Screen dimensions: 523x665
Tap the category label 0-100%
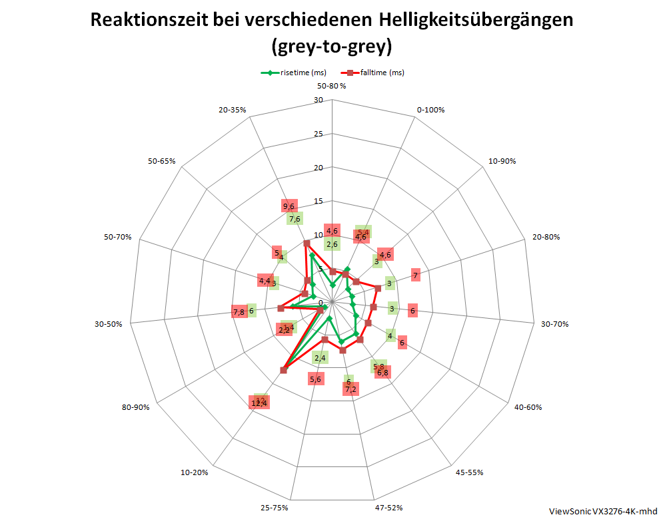tap(430, 109)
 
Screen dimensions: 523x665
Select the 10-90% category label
tap(502, 161)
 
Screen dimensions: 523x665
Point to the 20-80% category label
tap(546, 237)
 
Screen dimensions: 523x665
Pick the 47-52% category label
tap(388, 508)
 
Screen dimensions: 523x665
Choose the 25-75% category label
tap(274, 508)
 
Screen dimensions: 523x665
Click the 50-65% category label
tap(162, 161)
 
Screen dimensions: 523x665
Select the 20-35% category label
tap(233, 109)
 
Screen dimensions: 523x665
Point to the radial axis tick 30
tap(319, 100)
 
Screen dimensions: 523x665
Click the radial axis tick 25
tap(319, 134)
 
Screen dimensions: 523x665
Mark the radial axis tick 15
tap(319, 202)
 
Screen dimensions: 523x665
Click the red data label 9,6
tap(289, 206)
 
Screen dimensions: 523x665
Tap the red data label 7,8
tap(239, 312)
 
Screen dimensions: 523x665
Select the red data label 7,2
tap(350, 389)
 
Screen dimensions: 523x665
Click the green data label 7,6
tap(295, 219)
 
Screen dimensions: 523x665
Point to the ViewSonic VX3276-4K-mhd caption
tap(602, 511)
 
